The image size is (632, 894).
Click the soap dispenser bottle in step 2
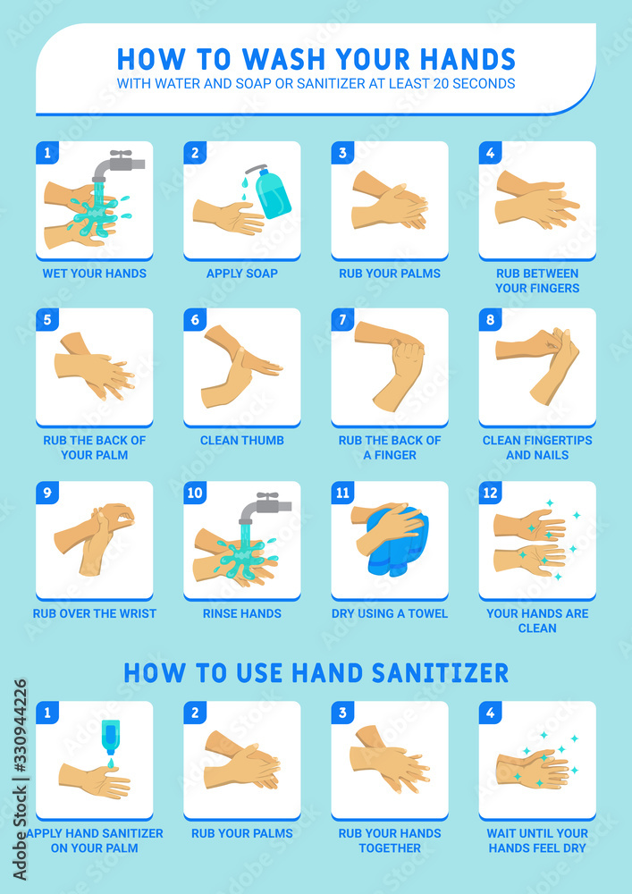[272, 192]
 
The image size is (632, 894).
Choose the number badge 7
[342, 319]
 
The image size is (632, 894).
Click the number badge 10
[196, 493]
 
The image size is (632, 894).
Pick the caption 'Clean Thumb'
[242, 440]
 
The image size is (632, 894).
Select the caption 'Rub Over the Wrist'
[95, 613]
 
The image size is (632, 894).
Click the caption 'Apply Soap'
[242, 273]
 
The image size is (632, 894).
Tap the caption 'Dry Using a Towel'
[390, 613]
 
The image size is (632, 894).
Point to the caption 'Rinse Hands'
[242, 613]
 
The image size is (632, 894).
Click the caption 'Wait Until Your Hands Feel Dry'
[537, 840]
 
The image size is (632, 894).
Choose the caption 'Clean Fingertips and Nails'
[537, 447]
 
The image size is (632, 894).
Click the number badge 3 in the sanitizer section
[342, 713]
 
